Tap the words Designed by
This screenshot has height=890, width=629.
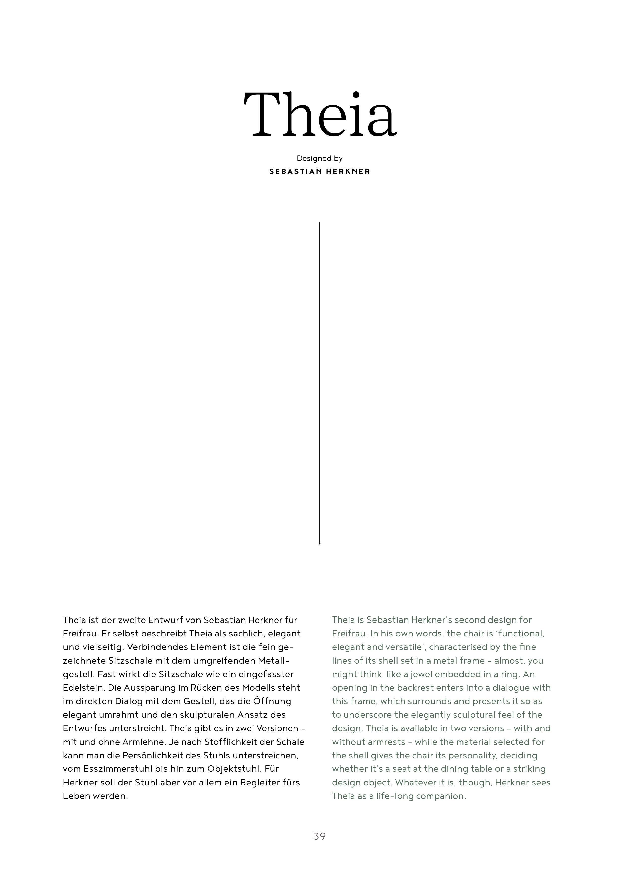pyautogui.click(x=319, y=158)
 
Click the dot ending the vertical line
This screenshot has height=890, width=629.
pyautogui.click(x=319, y=544)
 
